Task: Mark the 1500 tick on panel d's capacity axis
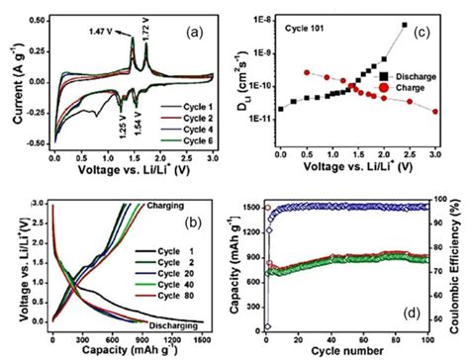coord(252,207)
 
